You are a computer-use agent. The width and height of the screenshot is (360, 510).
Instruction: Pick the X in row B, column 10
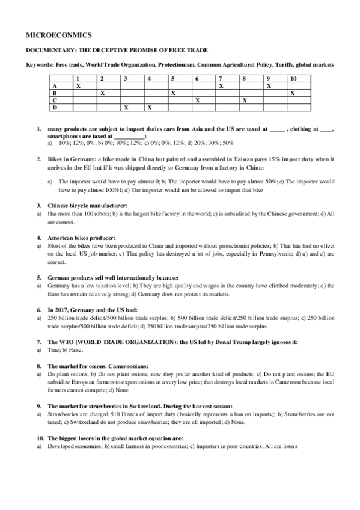pyautogui.click(x=292, y=93)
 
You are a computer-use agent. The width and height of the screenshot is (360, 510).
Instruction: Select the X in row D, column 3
pyautogui.click(x=126, y=108)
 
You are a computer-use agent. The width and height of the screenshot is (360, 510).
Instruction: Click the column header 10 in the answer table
pyautogui.click(x=292, y=79)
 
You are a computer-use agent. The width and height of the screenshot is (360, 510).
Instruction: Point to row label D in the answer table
pyautogui.click(x=55, y=108)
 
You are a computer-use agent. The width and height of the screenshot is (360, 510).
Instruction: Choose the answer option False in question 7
pyautogui.click(x=75, y=349)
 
